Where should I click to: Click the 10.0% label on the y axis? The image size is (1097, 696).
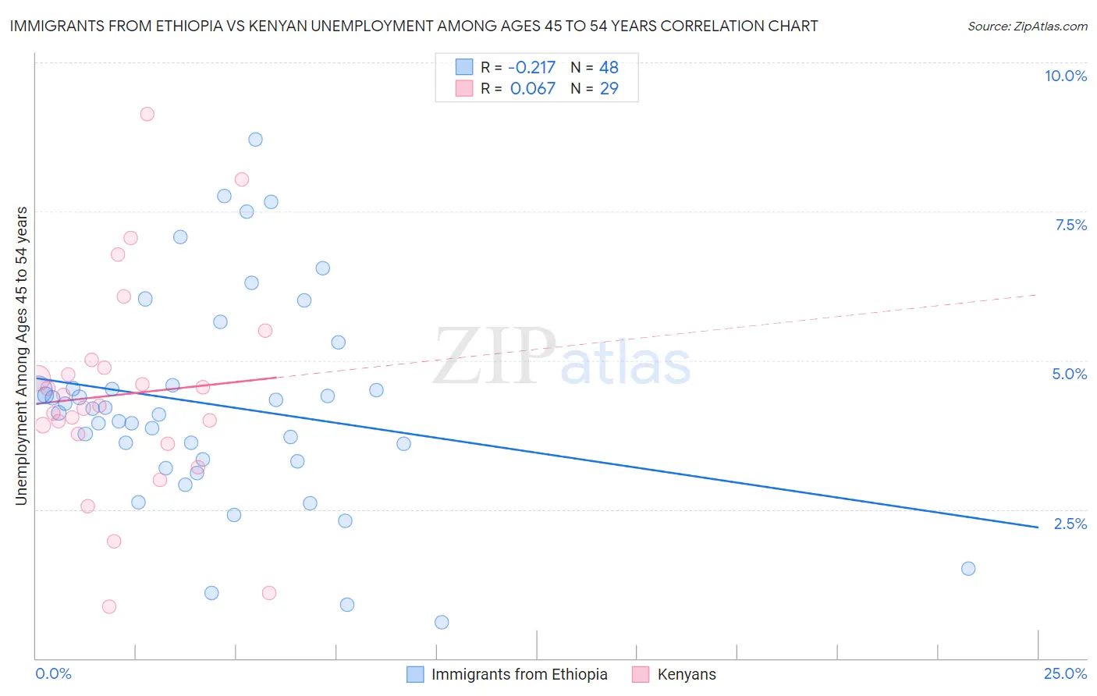click(x=1065, y=76)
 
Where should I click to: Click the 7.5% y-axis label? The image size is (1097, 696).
click(x=1070, y=225)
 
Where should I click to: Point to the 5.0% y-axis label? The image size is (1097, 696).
click(x=1069, y=374)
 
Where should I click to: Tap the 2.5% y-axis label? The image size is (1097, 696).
click(x=1070, y=524)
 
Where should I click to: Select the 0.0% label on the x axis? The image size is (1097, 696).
click(x=53, y=673)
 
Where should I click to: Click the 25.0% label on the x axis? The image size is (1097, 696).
click(x=1065, y=673)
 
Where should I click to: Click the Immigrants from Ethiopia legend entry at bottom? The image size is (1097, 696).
click(x=519, y=674)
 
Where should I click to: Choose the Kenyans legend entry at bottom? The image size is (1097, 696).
click(x=686, y=674)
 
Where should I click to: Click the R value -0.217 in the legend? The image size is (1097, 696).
click(x=531, y=67)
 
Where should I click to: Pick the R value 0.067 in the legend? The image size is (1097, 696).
click(x=533, y=88)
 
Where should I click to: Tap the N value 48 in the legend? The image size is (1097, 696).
click(x=609, y=67)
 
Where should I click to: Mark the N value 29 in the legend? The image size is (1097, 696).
click(x=609, y=88)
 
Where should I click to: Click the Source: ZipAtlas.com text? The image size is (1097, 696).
click(x=1027, y=26)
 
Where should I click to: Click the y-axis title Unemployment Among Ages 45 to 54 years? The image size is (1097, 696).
click(x=22, y=356)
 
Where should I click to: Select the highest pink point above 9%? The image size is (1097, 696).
click(x=147, y=114)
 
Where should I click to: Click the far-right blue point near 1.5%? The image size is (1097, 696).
click(x=968, y=568)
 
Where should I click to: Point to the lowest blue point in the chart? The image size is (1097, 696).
click(x=442, y=622)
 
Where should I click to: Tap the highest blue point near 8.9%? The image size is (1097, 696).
click(x=255, y=140)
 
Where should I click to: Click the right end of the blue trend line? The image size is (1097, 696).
click(x=1038, y=527)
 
